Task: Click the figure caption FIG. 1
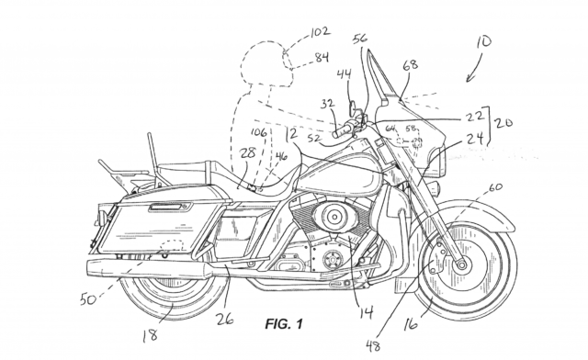(x=285, y=324)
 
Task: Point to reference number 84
(x=322, y=58)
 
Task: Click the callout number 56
(x=361, y=38)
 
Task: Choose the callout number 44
(x=344, y=74)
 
